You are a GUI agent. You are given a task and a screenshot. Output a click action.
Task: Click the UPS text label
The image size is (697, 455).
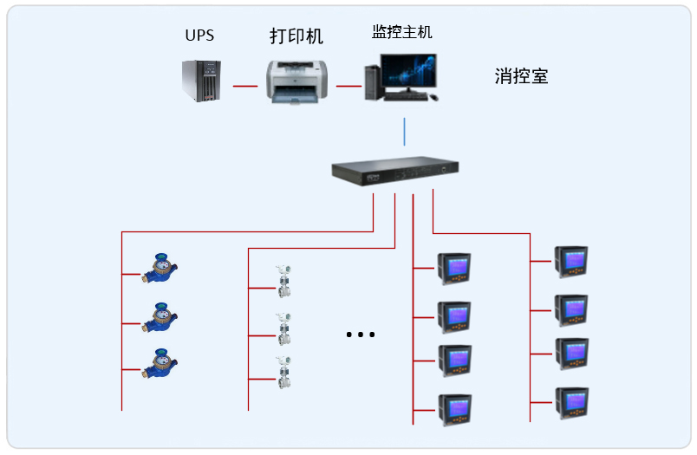point(199,36)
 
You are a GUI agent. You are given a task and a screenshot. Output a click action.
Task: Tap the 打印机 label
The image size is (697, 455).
point(296,36)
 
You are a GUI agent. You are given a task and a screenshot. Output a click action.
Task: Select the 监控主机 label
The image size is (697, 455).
point(402,32)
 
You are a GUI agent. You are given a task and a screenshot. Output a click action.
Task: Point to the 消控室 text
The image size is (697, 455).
point(521,76)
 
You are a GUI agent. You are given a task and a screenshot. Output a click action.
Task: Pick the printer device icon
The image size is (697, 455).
point(297,81)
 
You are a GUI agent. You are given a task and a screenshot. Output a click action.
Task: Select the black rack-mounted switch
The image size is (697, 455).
point(394,171)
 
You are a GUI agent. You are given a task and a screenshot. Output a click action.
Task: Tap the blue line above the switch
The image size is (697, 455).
point(405,131)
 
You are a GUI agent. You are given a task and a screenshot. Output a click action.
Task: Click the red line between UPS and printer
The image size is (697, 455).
point(246,86)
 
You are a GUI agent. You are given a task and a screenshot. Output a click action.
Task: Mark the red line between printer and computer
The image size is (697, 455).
point(348,86)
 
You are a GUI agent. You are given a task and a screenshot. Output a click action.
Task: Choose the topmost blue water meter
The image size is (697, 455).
point(160,270)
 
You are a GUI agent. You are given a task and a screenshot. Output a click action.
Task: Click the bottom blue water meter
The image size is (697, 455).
point(160,364)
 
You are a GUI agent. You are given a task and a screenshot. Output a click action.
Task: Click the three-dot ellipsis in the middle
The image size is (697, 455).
point(360,335)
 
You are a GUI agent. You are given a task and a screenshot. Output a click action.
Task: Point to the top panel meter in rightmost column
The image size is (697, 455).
point(571,261)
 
